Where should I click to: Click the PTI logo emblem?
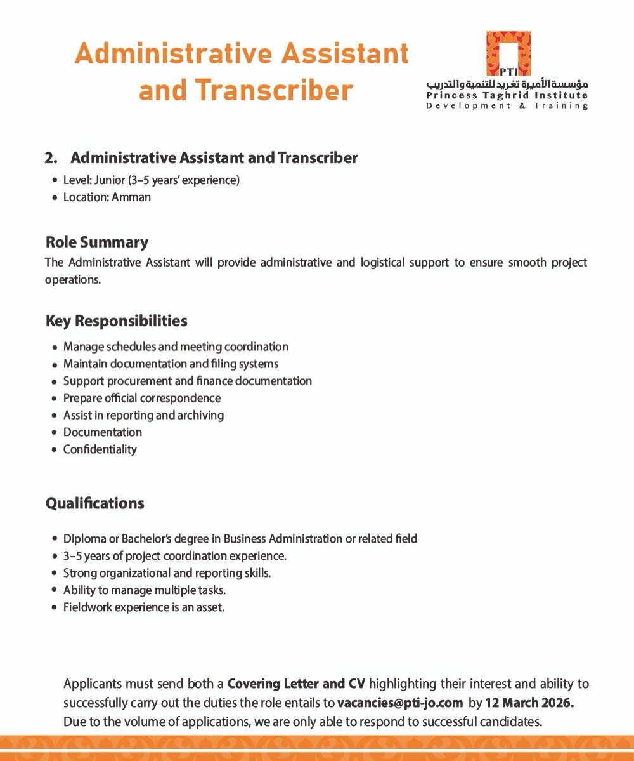tap(508, 53)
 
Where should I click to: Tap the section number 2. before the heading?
tap(51, 158)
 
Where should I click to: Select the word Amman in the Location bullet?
tap(131, 197)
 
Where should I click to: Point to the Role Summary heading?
tap(97, 242)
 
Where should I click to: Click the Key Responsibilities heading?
tap(117, 321)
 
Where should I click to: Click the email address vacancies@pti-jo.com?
tap(400, 703)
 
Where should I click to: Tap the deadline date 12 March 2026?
tap(529, 703)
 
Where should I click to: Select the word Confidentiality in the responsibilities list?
tap(100, 449)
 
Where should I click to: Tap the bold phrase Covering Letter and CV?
tap(296, 684)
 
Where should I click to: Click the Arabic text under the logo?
tap(507, 84)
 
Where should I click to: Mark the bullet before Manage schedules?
tap(55, 347)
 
